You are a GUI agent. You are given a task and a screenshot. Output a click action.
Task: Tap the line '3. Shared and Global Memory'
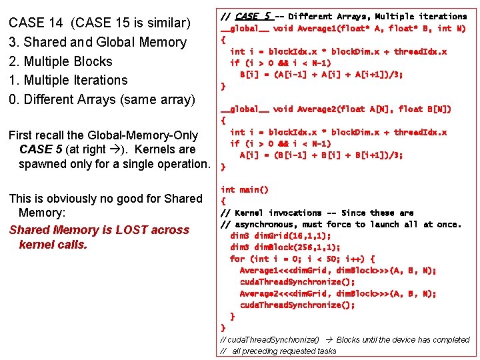[x=97, y=42]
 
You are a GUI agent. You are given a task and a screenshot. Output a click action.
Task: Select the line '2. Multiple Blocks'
[x=60, y=61]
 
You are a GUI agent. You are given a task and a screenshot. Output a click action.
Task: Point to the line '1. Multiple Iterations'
[x=67, y=80]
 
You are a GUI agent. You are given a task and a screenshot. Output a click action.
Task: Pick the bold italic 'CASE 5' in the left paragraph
[x=42, y=149]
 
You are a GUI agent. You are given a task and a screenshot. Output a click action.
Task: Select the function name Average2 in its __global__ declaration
[x=316, y=109]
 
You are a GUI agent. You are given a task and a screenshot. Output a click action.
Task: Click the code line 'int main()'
[x=245, y=190]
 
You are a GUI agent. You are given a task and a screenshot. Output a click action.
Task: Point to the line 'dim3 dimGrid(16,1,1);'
[x=281, y=236]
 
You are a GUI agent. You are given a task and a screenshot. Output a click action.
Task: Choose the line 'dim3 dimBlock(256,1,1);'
[x=285, y=247]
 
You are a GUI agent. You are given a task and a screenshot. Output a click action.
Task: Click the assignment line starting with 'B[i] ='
[x=321, y=74]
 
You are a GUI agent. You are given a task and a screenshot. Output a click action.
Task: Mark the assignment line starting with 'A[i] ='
[x=321, y=155]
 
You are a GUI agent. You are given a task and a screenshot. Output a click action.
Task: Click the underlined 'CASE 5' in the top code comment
[x=253, y=16]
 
